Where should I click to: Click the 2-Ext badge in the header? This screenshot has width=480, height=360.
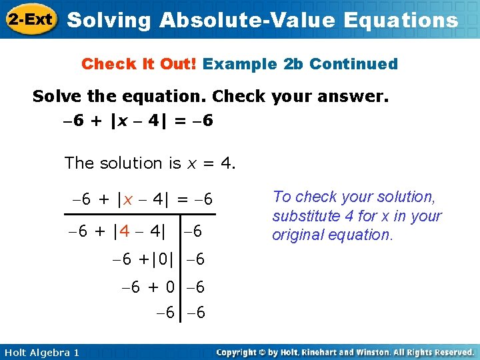click(31, 20)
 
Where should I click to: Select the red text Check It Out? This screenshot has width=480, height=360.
click(139, 64)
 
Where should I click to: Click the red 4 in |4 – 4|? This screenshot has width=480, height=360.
click(125, 232)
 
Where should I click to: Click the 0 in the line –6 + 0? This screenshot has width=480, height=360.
click(170, 287)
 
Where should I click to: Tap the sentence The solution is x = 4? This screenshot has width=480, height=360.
click(150, 163)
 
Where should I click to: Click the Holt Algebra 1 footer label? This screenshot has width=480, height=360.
click(41, 352)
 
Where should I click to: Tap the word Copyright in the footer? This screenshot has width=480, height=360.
click(238, 352)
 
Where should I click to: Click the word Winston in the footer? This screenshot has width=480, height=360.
click(379, 352)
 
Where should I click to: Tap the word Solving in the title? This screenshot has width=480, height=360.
click(110, 20)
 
